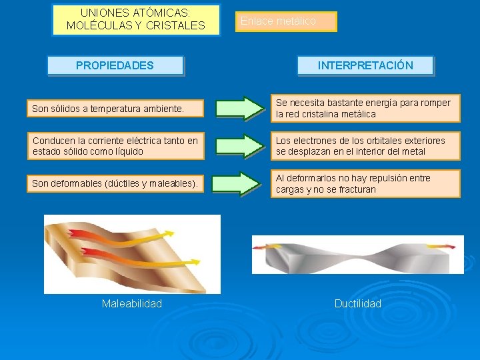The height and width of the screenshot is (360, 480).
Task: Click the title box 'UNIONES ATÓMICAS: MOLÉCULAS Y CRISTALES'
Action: [136, 20]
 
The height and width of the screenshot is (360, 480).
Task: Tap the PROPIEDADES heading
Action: [115, 65]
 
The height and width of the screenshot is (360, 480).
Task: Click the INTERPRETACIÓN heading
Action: [365, 65]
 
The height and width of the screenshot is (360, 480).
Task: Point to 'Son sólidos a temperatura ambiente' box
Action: [115, 108]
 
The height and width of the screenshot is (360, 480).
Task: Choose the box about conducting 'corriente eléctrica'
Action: [115, 146]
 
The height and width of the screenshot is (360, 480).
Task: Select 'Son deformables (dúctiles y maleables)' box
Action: [115, 183]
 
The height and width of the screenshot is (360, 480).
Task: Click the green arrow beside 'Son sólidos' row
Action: [240, 108]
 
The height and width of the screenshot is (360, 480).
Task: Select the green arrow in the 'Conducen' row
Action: [240, 146]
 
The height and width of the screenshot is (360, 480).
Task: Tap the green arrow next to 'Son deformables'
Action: [240, 183]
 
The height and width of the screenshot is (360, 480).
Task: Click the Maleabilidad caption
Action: [132, 304]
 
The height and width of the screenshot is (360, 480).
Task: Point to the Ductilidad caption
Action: [358, 304]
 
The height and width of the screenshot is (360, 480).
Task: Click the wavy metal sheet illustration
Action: [132, 253]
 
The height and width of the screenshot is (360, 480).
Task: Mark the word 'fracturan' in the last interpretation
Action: [355, 189]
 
